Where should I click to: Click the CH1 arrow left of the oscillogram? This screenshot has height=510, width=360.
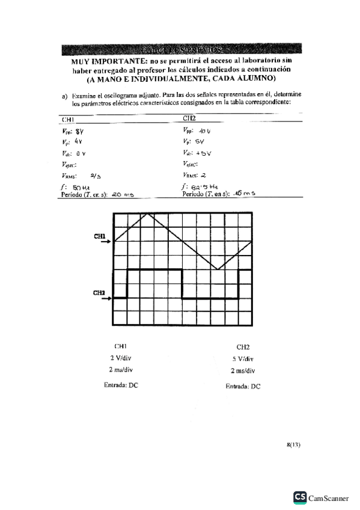(105, 242)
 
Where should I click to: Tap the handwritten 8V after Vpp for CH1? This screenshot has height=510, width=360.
(79, 131)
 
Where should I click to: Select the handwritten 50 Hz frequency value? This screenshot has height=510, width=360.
(80, 188)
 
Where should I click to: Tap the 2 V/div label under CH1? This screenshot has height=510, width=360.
(121, 358)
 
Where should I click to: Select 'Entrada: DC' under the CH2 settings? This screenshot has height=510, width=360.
(243, 387)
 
